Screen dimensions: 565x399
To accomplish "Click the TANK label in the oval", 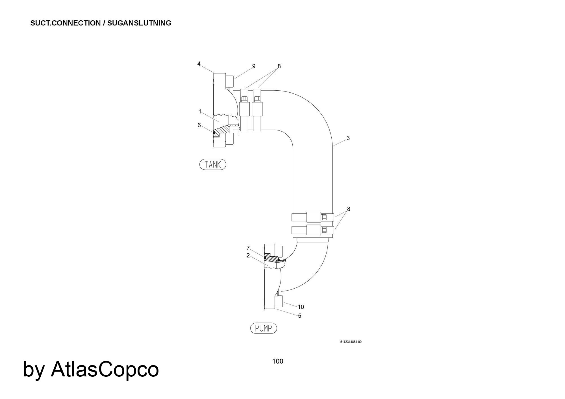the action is (x=213, y=164).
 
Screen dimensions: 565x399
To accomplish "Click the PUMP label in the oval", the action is (x=263, y=328).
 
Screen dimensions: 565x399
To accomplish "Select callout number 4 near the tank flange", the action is (x=199, y=64).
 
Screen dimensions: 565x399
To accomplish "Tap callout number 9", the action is (x=254, y=66).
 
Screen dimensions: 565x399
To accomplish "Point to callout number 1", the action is (x=200, y=112).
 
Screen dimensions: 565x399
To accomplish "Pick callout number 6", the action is (x=199, y=125).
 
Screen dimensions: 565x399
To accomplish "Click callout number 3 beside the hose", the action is (x=348, y=138).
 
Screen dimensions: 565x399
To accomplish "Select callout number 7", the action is (x=248, y=248).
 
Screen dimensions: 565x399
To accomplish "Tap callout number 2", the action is (x=248, y=256).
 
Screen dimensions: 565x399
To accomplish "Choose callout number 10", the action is (x=301, y=307).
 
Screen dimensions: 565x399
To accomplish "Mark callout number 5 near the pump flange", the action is (x=300, y=316).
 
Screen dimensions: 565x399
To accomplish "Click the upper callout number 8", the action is (x=279, y=66).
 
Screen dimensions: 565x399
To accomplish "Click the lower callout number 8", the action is (x=349, y=209).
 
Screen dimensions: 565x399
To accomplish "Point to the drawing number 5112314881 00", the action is (x=351, y=342).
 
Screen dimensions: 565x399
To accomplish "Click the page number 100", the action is (x=278, y=361).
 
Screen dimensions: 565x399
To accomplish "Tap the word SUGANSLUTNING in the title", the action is (x=139, y=23).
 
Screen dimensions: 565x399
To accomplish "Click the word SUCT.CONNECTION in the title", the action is (x=66, y=23).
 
